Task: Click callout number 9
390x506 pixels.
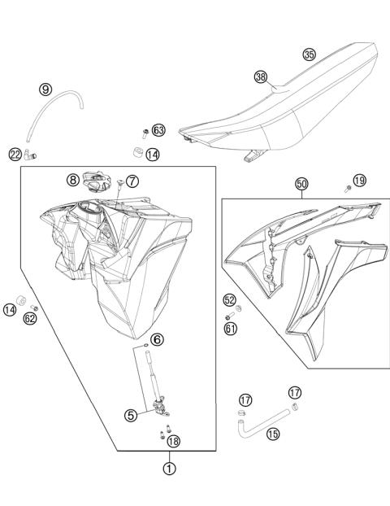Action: [45, 89]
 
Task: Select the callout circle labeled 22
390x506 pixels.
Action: [15, 154]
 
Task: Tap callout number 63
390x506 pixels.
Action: [158, 130]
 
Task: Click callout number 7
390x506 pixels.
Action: [132, 180]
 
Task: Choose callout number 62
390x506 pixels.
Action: [30, 318]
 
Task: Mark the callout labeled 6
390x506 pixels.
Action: [158, 339]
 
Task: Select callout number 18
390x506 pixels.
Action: [174, 440]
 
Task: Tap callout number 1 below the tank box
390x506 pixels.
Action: [168, 468]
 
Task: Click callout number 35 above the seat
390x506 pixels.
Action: [309, 55]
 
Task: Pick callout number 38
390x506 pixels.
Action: [260, 77]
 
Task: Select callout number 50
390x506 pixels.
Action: [301, 185]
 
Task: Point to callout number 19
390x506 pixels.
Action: [360, 179]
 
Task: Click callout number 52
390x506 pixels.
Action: [230, 300]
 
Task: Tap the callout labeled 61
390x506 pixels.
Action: [230, 328]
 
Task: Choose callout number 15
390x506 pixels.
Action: [273, 434]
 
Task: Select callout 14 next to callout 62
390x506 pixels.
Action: [10, 309]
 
